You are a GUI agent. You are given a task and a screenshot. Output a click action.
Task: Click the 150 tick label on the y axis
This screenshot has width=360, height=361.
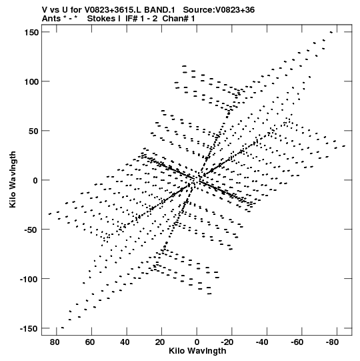[x=31, y=33]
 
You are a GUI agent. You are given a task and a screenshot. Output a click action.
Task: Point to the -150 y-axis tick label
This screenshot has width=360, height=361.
[x=29, y=328]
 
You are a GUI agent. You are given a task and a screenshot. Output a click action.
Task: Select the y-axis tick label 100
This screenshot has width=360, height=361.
[x=31, y=81]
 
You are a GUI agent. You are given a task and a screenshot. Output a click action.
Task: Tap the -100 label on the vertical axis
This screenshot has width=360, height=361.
[x=29, y=280]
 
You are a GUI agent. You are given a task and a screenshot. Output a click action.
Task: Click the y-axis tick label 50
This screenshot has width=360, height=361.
[x=33, y=131]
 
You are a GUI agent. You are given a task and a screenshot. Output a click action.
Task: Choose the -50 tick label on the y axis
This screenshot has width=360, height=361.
[x=31, y=230]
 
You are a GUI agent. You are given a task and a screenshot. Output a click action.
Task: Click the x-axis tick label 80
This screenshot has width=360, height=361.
[x=55, y=342]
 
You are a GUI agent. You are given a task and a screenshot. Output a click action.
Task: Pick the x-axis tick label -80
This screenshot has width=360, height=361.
[x=333, y=342]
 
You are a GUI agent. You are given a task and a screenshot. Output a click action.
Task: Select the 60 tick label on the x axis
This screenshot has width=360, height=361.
[x=90, y=342]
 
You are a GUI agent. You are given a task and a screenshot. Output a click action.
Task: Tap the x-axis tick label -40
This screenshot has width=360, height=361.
[x=262, y=342]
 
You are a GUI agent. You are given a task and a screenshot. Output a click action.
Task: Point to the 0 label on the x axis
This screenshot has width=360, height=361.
[x=197, y=342]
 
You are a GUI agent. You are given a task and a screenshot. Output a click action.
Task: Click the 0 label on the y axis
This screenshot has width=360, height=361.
[x=35, y=180]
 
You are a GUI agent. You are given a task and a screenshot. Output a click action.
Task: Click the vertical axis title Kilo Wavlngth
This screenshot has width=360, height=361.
[x=13, y=179]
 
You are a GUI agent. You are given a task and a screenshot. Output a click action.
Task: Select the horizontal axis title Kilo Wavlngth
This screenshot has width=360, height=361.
[x=197, y=351]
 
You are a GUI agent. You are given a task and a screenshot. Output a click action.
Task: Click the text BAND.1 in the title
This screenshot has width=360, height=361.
[x=159, y=10]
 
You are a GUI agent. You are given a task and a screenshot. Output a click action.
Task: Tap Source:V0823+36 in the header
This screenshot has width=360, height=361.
[x=219, y=10]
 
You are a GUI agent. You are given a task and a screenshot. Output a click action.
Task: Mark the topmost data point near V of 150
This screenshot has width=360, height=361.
[x=331, y=32]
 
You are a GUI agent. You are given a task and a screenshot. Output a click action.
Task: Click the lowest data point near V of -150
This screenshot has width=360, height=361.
[x=63, y=328]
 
